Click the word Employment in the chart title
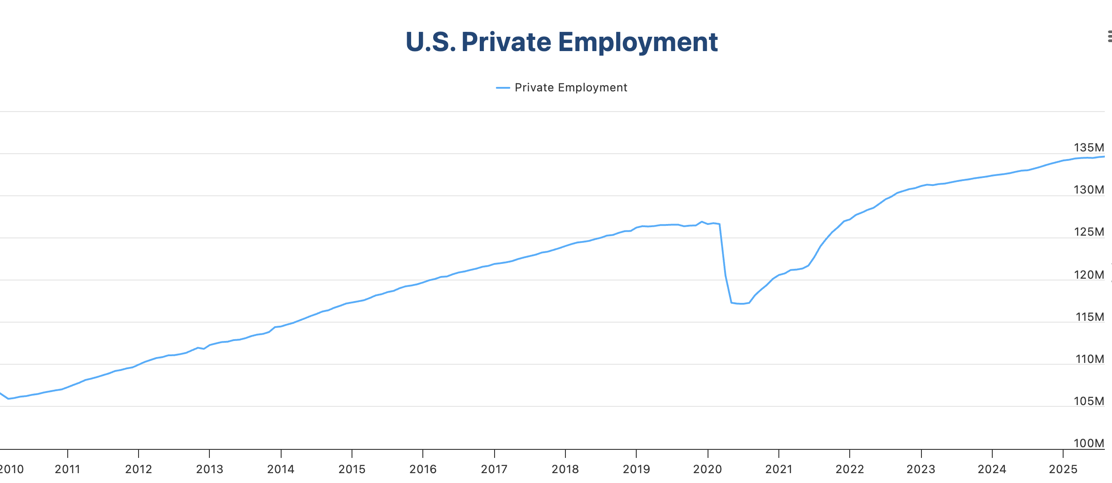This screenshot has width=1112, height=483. (x=638, y=43)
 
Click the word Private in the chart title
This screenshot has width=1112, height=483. (x=506, y=42)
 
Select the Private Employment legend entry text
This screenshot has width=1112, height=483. (x=570, y=88)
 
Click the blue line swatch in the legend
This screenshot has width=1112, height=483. (x=503, y=88)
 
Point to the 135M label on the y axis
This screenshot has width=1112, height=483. (x=1088, y=147)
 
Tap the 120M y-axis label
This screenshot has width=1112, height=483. (x=1088, y=275)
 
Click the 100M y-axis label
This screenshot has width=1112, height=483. (x=1088, y=443)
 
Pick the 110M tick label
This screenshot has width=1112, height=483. (x=1089, y=359)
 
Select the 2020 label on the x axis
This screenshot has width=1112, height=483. (x=707, y=469)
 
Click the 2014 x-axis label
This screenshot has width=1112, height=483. (x=281, y=469)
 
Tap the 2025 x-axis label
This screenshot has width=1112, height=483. (x=1063, y=469)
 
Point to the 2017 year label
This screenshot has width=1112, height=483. (x=494, y=469)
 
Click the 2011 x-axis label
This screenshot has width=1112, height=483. (x=67, y=469)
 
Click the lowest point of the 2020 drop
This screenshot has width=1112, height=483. (x=743, y=304)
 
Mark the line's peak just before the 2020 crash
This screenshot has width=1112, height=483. (x=702, y=222)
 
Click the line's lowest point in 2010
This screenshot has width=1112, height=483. (x=9, y=398)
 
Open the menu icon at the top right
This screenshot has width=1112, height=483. (x=1109, y=36)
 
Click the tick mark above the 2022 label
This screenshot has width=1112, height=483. (x=850, y=453)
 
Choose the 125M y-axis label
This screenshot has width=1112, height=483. (x=1088, y=232)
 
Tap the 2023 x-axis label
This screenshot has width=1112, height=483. (x=921, y=469)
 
